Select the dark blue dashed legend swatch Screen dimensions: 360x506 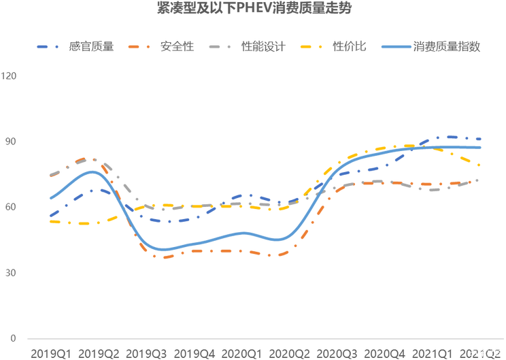click(x=49, y=47)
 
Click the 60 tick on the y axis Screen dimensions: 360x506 click(x=12, y=207)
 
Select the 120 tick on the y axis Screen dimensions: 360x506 click(x=10, y=76)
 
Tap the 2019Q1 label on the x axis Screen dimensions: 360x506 click(x=48, y=353)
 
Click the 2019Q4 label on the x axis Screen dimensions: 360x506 click(x=193, y=353)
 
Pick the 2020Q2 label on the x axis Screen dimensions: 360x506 click(x=288, y=353)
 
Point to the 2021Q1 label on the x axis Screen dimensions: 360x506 click(x=433, y=353)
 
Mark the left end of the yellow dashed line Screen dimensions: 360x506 click(x=50, y=222)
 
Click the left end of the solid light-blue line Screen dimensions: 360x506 click(x=50, y=199)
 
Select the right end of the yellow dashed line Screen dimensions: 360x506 click(x=481, y=165)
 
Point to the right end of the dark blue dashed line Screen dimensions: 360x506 click(x=481, y=139)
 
